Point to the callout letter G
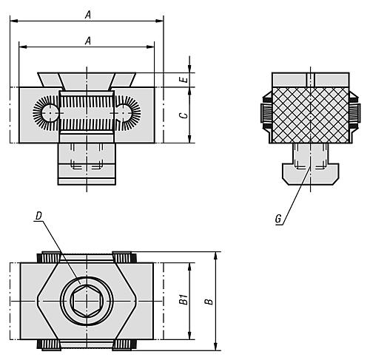tap(277, 219)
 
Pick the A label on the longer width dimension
tap(87, 14)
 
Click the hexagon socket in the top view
tap(87, 301)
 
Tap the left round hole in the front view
tap(50, 113)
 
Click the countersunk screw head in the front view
tap(87, 78)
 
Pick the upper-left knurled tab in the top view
tap(50, 257)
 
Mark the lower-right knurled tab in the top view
tap(124, 345)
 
